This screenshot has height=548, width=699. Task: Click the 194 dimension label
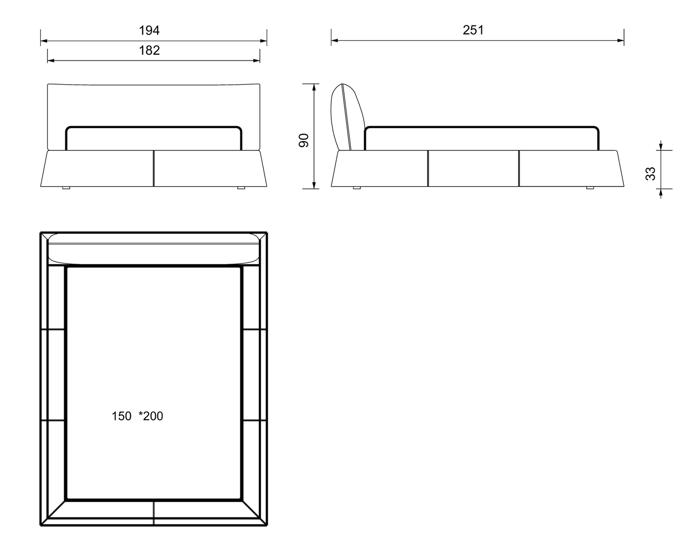(x=149, y=30)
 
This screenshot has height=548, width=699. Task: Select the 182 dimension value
(x=149, y=50)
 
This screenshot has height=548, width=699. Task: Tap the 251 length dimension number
(x=473, y=30)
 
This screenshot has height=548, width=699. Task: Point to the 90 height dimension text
(x=304, y=141)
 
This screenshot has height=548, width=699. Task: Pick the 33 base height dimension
(x=650, y=174)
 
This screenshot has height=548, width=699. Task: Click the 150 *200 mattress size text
(x=137, y=416)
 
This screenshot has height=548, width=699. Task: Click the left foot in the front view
(x=66, y=188)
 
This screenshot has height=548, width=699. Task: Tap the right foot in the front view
(x=241, y=188)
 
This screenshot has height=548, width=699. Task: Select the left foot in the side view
(x=357, y=188)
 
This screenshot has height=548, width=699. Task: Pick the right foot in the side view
(x=590, y=188)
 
